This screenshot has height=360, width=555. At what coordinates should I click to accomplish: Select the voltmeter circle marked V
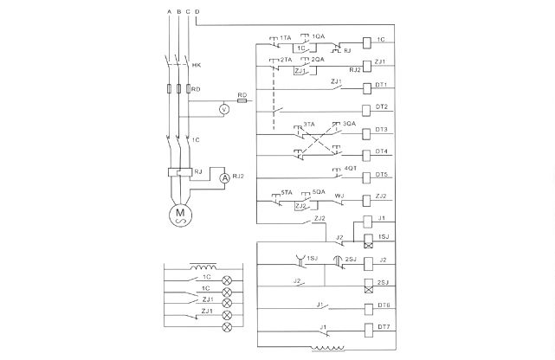coord(223,109)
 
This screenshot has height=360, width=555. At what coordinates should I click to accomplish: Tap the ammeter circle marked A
coord(223,177)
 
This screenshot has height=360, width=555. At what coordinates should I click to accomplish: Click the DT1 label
coord(381,86)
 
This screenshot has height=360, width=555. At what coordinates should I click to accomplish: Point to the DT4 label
coord(381,152)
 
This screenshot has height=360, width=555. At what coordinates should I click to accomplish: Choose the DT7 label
coord(381,328)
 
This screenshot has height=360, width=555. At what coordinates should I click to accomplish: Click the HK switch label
coord(197,65)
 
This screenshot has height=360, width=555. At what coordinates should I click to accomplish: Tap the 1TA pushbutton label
coord(285,37)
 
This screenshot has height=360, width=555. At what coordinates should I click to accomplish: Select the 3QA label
coord(349,124)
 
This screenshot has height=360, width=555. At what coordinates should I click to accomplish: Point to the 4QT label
coord(350,167)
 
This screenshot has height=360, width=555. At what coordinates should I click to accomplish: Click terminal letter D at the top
coord(197,10)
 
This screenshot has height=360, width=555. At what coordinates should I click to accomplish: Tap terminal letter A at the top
coord(167,10)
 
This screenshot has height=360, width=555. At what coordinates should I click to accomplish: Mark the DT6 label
coord(381,306)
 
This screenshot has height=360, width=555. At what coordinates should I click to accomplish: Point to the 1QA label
coord(319,36)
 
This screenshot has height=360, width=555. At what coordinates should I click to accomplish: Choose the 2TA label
coord(286,59)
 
